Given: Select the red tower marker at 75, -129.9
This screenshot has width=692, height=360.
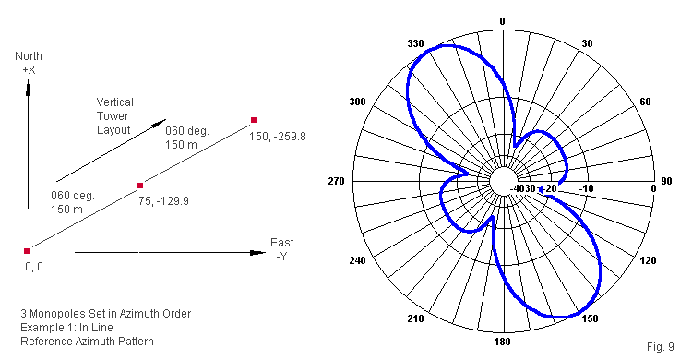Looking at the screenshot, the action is [140, 186].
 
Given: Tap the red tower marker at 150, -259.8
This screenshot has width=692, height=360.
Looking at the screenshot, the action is [254, 120].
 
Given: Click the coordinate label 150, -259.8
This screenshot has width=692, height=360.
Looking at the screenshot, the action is [278, 137].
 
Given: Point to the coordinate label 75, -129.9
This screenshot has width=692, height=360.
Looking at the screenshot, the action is [163, 201].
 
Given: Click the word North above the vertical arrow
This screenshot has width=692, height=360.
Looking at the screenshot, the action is [29, 56].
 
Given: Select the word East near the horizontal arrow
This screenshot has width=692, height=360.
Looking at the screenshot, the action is [282, 243].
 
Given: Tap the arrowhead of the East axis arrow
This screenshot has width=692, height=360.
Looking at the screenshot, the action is [257, 253].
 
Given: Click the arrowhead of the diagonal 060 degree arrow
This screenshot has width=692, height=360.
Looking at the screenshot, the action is [160, 123].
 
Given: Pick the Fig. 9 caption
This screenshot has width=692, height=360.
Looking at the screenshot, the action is [661, 347].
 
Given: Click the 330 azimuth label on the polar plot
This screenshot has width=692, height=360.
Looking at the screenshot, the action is [416, 43].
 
